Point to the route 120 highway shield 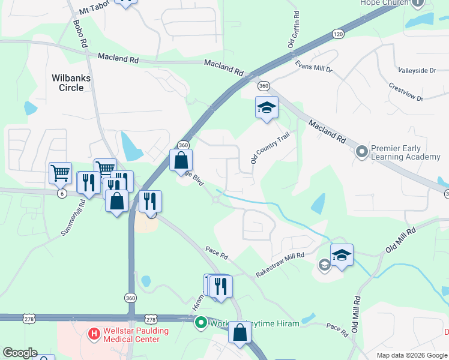coord(339,35)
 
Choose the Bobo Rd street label coord(79,34)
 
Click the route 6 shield coord(62,193)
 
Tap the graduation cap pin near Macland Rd coord(267,109)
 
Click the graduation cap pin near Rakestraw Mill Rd coord(342,256)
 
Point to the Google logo coord(19,353)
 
